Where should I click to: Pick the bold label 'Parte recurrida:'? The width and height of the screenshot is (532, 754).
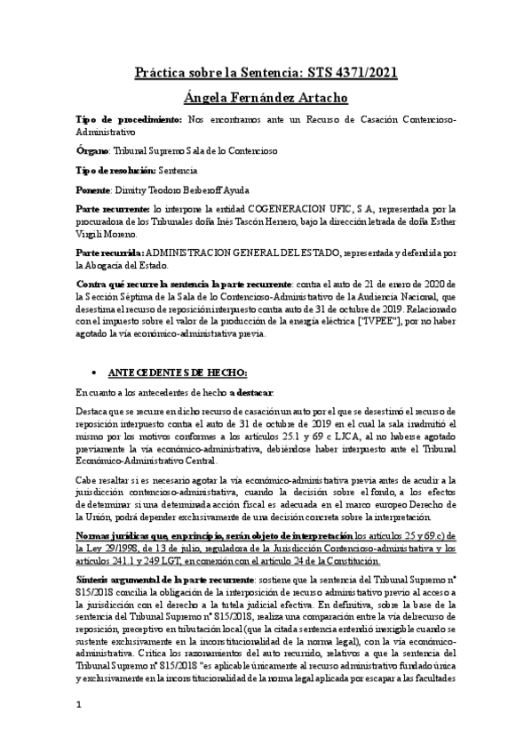tap(115, 253)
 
